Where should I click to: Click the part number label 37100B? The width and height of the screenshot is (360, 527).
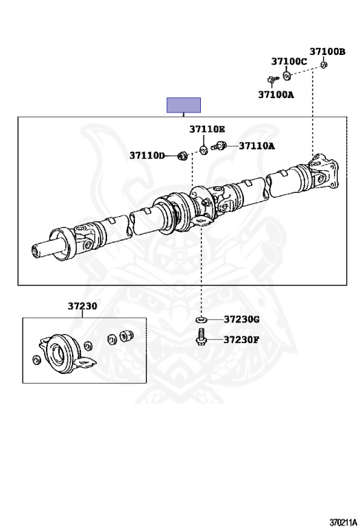click(327, 51)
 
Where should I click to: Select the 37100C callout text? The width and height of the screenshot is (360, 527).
click(289, 62)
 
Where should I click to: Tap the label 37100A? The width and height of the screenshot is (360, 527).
click(276, 95)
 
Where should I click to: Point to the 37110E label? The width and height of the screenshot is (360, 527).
click(207, 129)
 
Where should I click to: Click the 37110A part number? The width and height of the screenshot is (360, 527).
click(257, 146)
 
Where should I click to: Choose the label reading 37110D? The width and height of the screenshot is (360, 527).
click(147, 156)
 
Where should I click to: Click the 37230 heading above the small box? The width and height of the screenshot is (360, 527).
click(82, 306)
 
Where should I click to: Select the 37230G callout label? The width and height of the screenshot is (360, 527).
click(242, 319)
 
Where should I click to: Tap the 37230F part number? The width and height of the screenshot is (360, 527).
click(241, 340)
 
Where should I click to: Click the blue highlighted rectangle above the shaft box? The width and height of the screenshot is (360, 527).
click(184, 105)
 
